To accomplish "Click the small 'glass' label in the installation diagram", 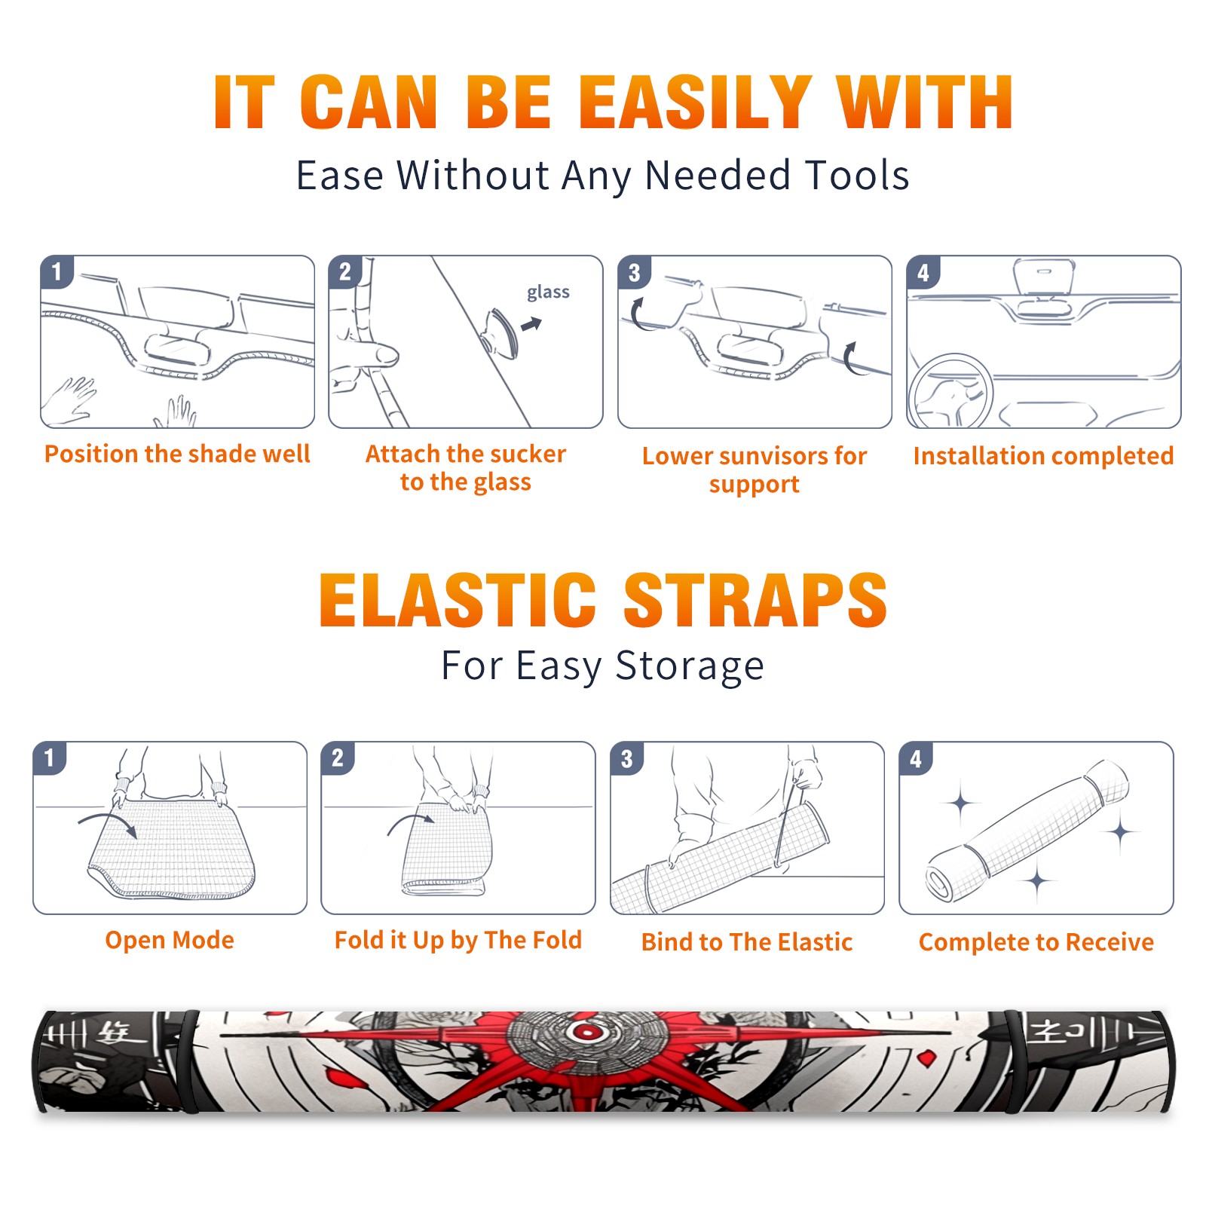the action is coord(548,292).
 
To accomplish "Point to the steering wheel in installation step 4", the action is coord(950,392).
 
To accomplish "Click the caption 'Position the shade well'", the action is coord(177,454).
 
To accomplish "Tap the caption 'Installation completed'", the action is coord(1043,456).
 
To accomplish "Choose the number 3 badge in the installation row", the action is coord(634,272).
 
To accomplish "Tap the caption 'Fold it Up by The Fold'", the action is coord(458,941).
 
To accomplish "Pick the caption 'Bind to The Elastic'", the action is coord(747,942).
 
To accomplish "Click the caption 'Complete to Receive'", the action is coord(1036,942).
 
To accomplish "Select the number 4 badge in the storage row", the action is coord(916,758).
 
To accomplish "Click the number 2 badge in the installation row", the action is coord(345,272).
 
